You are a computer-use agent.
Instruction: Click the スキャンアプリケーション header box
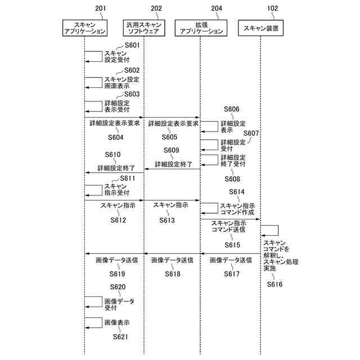coord(84,28)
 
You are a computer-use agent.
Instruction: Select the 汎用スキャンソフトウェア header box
coord(143,28)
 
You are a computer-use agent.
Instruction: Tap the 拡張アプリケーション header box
coord(200,28)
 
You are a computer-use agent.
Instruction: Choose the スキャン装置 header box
coord(260,28)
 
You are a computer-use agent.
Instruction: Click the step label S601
coord(131,45)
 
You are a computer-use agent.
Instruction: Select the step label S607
coord(251,133)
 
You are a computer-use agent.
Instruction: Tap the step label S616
coord(274,284)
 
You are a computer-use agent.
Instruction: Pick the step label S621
coord(120,337)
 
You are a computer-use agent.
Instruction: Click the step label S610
coord(112,155)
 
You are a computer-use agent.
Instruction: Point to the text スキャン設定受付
coord(116,56)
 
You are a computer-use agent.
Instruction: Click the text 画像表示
coord(117,323)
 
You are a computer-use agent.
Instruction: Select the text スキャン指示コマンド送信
coord(228,227)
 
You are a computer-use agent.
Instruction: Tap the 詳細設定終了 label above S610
coord(115,168)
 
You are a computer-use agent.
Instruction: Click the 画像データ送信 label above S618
coord(172,260)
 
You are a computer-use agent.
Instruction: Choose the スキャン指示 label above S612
coord(118,206)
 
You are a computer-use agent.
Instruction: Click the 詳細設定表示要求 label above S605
coord(173,123)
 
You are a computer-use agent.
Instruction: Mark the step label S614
coord(236,192)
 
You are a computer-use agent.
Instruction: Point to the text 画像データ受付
coord(119,304)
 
